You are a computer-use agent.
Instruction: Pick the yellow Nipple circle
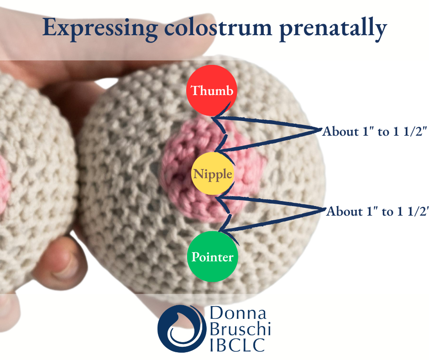click(213, 174)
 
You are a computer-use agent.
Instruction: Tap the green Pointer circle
click(212, 257)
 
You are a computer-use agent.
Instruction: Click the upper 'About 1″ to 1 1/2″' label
click(374, 132)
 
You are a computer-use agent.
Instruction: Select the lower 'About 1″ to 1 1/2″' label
click(377, 212)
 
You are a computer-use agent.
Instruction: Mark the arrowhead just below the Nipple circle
click(218, 198)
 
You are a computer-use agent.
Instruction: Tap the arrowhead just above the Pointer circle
click(220, 231)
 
